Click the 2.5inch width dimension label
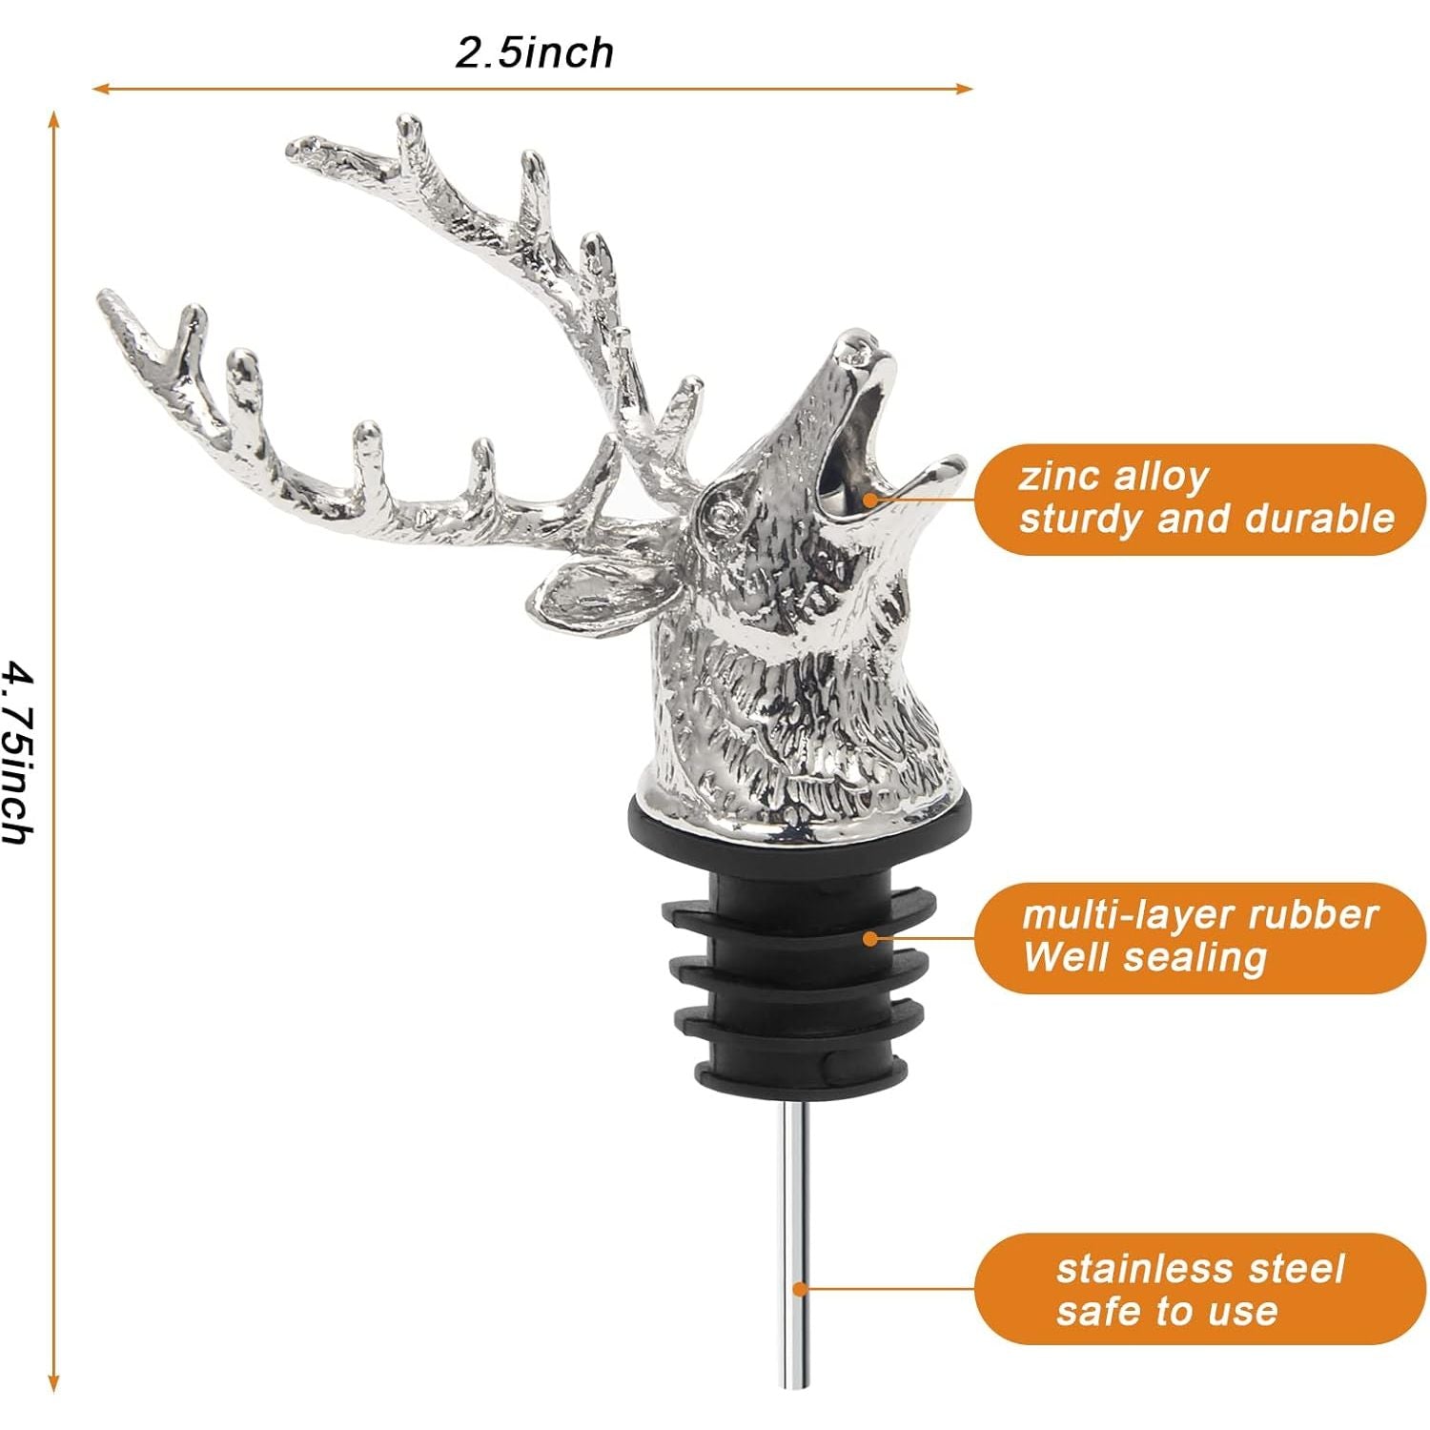tap(534, 51)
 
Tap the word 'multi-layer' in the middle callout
tap(1129, 915)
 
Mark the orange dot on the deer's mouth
tap(869, 499)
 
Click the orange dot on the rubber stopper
tap(869, 938)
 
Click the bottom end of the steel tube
tap(798, 1386)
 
